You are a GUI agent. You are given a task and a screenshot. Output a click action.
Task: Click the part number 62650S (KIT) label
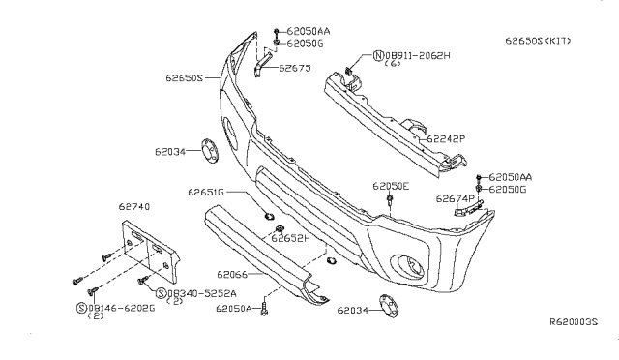538,41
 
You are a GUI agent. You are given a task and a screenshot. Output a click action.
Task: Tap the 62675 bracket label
295,68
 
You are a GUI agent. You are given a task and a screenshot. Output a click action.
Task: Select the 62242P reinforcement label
446,139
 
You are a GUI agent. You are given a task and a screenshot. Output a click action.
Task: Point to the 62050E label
391,186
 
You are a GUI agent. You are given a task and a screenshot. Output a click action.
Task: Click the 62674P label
456,198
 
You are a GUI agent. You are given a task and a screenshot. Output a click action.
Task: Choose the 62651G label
206,192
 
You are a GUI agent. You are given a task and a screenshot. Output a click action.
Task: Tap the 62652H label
290,238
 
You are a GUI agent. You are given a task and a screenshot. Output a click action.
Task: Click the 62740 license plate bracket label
134,207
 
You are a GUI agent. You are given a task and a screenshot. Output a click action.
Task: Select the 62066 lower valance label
232,274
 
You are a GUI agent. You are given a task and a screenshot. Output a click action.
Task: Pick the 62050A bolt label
234,309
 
